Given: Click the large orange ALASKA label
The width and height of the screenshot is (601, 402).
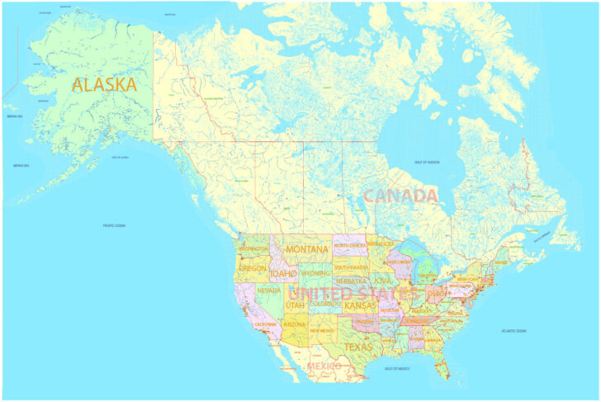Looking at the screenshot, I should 104,84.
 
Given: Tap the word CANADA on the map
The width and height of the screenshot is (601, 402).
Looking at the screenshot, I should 400,196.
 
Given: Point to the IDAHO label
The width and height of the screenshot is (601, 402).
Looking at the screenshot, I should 282,273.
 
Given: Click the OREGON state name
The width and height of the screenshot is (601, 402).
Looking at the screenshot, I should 253,268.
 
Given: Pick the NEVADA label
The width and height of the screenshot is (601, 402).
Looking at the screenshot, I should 269,291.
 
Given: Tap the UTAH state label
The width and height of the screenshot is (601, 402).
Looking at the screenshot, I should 295,305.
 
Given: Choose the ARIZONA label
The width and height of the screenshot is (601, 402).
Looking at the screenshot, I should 294,325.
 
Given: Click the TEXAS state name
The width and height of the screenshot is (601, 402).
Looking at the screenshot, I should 358,347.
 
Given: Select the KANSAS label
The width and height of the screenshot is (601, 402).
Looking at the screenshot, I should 360,306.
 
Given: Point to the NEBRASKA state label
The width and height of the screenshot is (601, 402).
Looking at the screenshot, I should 351,281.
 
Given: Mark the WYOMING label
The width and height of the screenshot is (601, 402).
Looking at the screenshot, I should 315,272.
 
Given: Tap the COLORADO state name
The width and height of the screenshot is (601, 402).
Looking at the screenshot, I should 325,303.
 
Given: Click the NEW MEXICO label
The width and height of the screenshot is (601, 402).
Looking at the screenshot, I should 322,330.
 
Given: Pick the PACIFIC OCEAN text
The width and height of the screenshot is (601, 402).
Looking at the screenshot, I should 114,225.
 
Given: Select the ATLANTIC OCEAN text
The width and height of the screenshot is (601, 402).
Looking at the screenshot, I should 513,331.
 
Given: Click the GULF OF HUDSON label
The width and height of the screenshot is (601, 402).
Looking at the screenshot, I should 427,162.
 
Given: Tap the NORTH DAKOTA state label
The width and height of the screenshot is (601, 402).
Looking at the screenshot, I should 350,245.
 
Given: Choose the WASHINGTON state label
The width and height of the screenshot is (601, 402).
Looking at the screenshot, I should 253,248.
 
